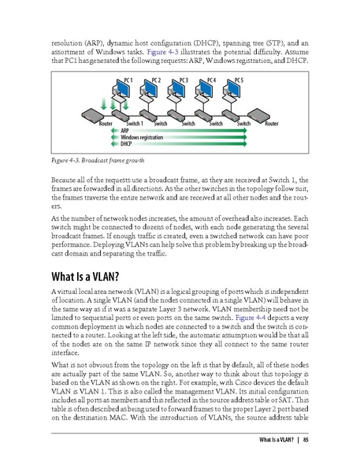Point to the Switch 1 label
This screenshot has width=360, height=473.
click(x=131, y=125)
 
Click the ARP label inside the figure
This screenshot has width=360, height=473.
click(x=125, y=131)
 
